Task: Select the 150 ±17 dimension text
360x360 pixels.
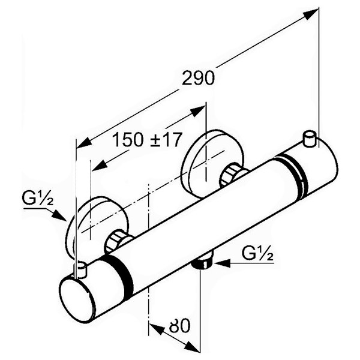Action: (147, 140)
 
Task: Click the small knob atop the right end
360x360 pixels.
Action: (310, 139)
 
